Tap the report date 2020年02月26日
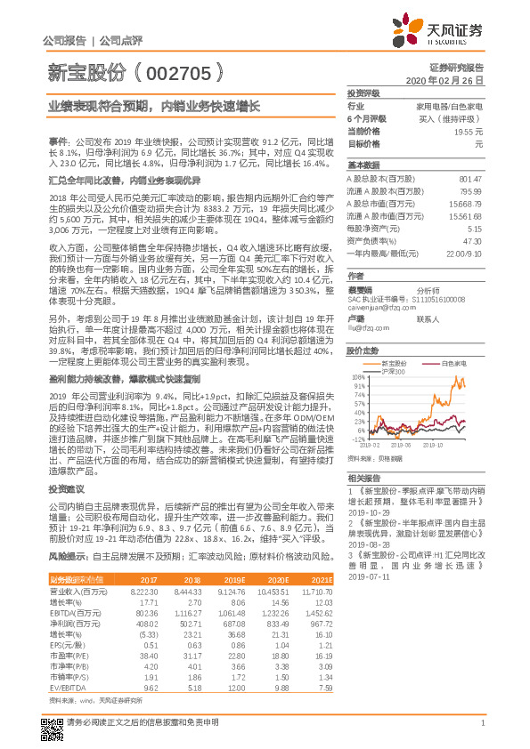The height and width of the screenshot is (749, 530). click(451, 80)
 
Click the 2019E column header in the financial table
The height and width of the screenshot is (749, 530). click(233, 580)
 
